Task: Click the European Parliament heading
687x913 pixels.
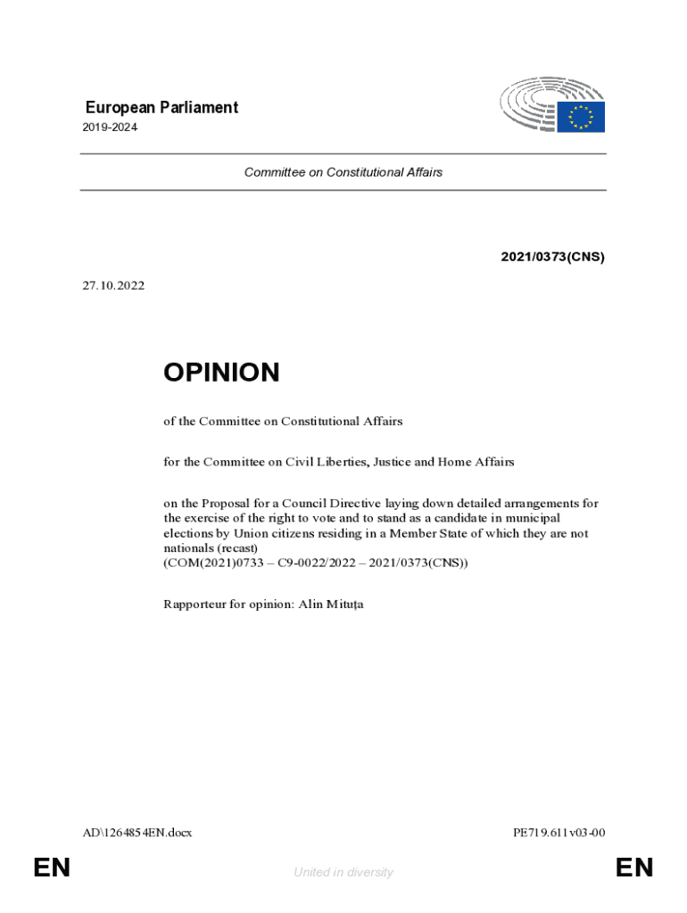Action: pyautogui.click(x=161, y=108)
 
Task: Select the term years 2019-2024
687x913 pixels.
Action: pyautogui.click(x=112, y=127)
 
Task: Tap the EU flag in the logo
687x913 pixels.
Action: pyautogui.click(x=582, y=117)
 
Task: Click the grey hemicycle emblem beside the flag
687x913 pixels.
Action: pyautogui.click(x=530, y=104)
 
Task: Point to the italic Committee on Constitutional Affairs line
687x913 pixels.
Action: pyautogui.click(x=343, y=172)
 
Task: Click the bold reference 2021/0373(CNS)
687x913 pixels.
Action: pyautogui.click(x=552, y=258)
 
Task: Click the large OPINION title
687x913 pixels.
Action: pyautogui.click(x=221, y=373)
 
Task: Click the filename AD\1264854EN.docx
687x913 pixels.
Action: pyautogui.click(x=137, y=833)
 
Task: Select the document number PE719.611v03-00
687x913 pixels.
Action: pyautogui.click(x=559, y=833)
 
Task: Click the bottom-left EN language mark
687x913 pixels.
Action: pyautogui.click(x=52, y=868)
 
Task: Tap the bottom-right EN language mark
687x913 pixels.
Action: pyautogui.click(x=634, y=868)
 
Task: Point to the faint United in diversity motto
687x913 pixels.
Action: pyautogui.click(x=343, y=872)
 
